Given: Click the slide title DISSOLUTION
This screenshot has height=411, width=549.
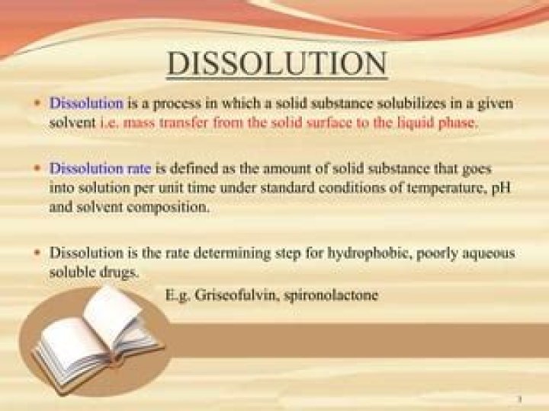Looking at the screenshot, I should (x=277, y=65).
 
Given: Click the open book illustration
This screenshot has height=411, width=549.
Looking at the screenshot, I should (x=97, y=336).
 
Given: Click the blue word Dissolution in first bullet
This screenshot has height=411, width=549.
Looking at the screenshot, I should (x=86, y=102).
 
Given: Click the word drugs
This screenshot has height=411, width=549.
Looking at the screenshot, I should (x=119, y=271).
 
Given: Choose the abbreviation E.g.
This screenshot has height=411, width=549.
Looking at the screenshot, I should (x=180, y=294).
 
